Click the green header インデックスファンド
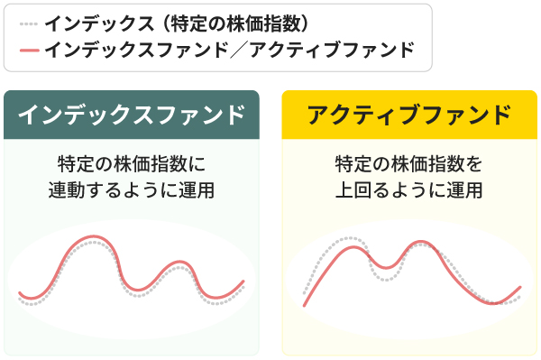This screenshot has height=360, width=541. pos(132,115)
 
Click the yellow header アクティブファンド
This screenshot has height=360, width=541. pos(409,115)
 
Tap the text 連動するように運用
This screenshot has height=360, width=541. pos(132,190)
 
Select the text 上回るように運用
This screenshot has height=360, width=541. pos(409,190)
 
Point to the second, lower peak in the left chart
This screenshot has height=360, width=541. pos(176,264)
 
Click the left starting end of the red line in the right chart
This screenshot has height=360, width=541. pos(305,306)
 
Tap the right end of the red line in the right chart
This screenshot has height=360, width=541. pos(520,288)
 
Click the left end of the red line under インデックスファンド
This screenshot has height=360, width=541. pos(20,293)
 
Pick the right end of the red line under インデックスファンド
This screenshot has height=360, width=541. pos(243,282)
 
